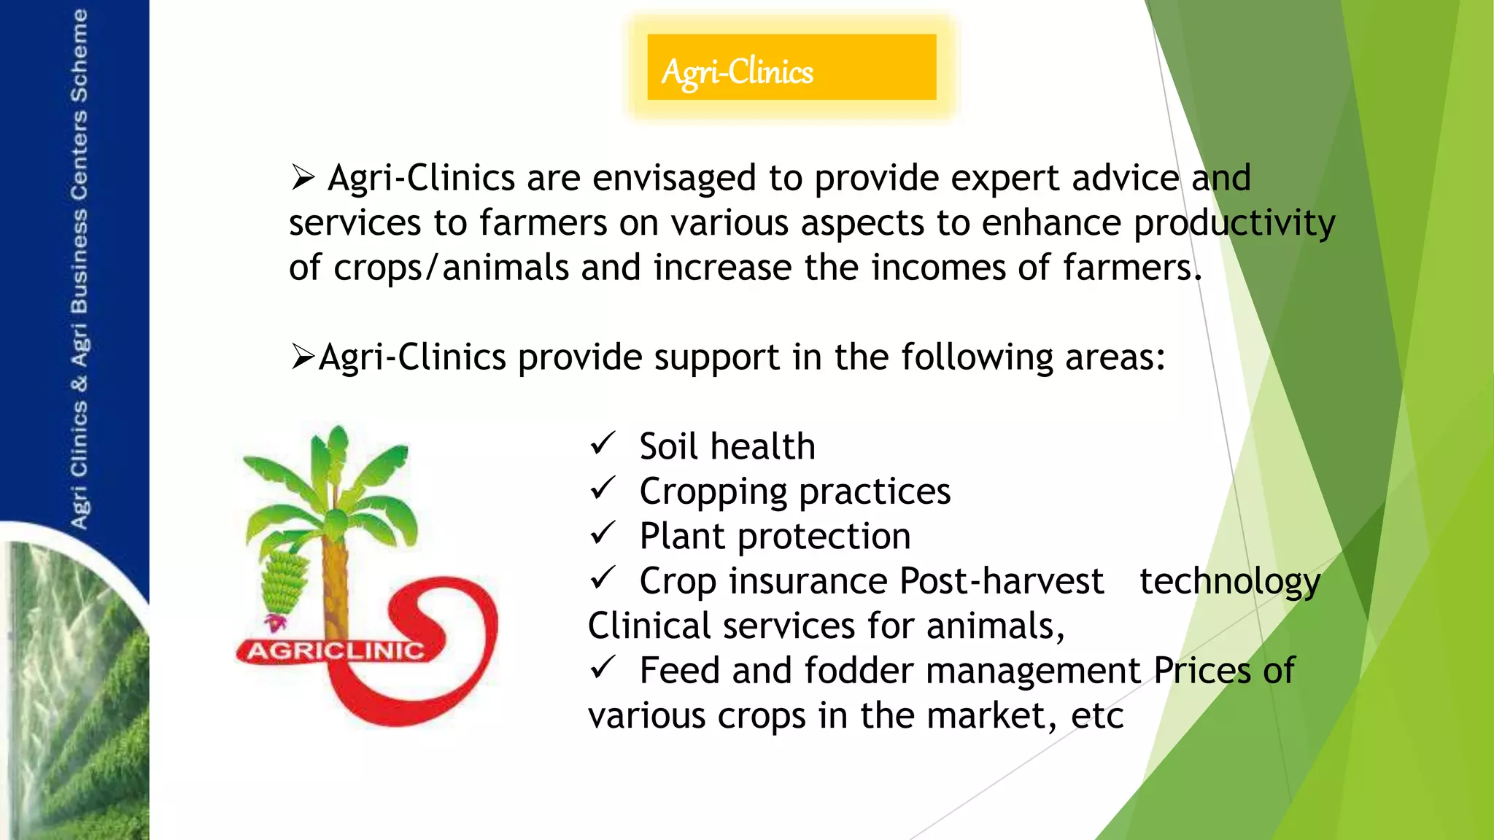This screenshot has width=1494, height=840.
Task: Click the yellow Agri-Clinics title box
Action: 791,67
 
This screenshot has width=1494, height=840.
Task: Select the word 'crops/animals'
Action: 451,268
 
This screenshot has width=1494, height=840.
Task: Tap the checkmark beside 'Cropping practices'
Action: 603,488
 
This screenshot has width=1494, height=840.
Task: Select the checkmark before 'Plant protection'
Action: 603,533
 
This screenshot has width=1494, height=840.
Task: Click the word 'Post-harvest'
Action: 1001,582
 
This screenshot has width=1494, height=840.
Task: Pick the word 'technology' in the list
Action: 1230,582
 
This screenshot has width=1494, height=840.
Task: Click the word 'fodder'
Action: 856,671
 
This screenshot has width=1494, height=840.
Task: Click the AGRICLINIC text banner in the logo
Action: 336,650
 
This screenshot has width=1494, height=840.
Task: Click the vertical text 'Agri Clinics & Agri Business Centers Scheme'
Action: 79,270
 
